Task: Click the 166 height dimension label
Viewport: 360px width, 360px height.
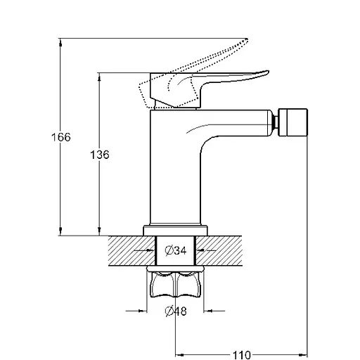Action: [61, 137]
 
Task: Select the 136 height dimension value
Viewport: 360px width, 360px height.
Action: [100, 155]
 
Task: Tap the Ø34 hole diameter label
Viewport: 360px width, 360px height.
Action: [176, 250]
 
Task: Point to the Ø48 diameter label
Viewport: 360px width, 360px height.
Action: [176, 311]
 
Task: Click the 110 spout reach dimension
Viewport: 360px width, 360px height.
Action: [242, 355]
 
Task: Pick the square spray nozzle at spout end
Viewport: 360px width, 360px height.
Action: [292, 122]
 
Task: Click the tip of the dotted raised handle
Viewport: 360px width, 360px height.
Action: [247, 39]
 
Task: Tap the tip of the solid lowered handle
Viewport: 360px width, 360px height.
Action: [268, 72]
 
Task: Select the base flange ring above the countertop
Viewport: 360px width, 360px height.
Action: [175, 231]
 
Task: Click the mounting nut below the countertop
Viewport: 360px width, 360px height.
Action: [175, 283]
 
